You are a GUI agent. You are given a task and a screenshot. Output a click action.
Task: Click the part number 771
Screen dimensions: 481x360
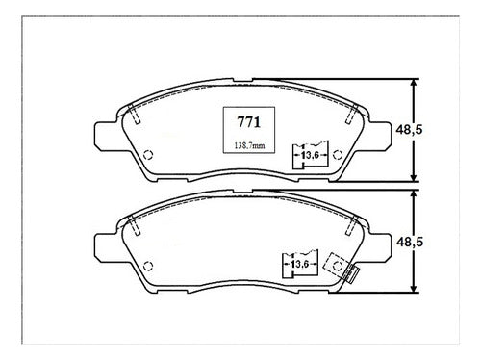click(249, 122)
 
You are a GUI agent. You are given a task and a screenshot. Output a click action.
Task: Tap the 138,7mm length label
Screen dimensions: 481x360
click(250, 146)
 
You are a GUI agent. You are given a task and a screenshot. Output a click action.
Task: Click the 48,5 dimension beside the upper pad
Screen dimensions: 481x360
click(409, 130)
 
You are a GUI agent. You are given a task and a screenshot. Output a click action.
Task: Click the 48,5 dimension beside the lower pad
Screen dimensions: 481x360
click(410, 242)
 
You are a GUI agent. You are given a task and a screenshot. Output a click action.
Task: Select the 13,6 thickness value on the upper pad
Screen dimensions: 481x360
click(310, 155)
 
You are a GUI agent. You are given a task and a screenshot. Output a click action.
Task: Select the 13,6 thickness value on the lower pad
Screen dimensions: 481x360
click(299, 264)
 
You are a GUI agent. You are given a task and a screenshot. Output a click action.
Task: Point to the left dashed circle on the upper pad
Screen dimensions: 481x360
click(148, 155)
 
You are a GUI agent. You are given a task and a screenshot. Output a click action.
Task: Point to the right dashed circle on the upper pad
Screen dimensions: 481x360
click(338, 155)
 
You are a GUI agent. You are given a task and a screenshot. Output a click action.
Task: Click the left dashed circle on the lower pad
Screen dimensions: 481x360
click(148, 266)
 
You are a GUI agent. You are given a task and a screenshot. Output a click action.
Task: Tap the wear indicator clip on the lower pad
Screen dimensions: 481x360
click(350, 273)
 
